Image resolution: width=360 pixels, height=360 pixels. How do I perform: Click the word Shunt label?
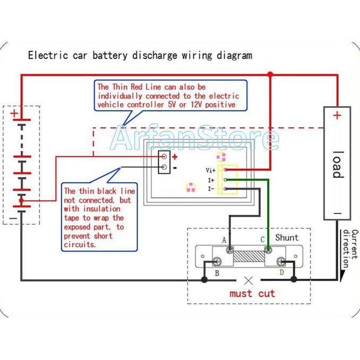click(x=287, y=237)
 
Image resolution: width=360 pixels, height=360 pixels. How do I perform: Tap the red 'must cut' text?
click(x=252, y=294)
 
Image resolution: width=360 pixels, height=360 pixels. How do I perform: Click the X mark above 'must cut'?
click(x=248, y=280)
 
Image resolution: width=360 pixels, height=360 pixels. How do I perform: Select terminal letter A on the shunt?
click(x=224, y=240)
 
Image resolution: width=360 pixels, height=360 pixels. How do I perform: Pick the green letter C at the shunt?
click(x=262, y=240)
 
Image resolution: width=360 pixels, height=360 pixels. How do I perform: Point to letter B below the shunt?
click(x=217, y=273)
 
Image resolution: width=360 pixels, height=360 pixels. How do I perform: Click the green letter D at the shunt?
click(x=281, y=272)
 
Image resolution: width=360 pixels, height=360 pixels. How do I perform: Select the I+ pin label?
click(x=211, y=180)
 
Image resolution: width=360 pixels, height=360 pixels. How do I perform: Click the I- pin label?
click(x=211, y=188)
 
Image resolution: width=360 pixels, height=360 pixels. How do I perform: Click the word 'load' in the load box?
click(x=338, y=165)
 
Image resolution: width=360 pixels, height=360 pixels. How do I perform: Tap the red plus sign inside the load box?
click(x=337, y=115)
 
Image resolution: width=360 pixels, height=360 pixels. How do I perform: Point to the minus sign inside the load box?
click(x=337, y=213)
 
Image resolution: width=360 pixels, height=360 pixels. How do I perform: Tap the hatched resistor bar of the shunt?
click(x=248, y=260)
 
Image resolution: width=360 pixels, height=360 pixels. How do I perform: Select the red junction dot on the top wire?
click(x=270, y=75)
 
